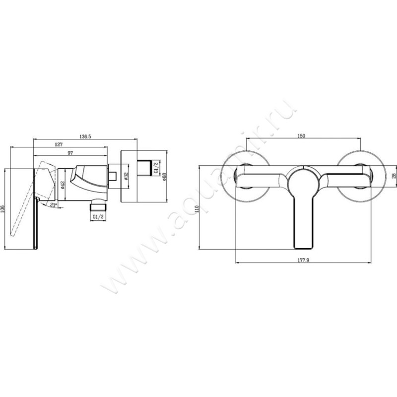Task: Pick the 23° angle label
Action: coord(53,203)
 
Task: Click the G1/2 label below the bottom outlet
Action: coord(97,217)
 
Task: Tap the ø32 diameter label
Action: coord(127,176)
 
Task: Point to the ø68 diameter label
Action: coord(164,176)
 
